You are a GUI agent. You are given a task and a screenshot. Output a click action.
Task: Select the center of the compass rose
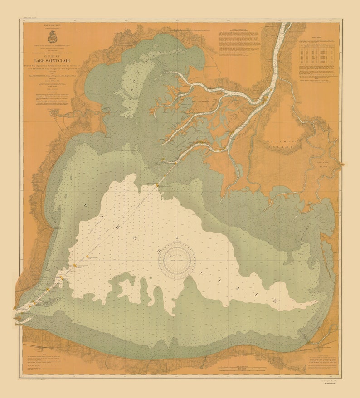(177, 259)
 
